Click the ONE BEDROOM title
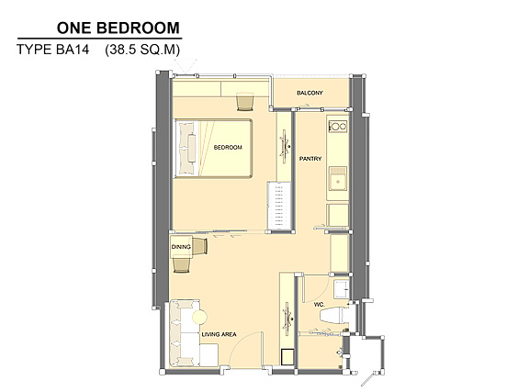tap(118, 28)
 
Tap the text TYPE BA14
tap(53, 50)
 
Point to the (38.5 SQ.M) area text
tap(142, 50)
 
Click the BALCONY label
tap(310, 93)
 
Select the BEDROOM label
tap(228, 148)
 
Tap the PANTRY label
tap(310, 159)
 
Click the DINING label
tap(181, 247)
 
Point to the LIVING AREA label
tap(219, 334)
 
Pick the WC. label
tap(320, 304)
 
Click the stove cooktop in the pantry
tap(338, 127)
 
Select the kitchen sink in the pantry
tap(338, 179)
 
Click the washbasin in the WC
tap(342, 289)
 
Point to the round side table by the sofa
tap(199, 317)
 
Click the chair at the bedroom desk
tap(244, 102)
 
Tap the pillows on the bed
tap(187, 149)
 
